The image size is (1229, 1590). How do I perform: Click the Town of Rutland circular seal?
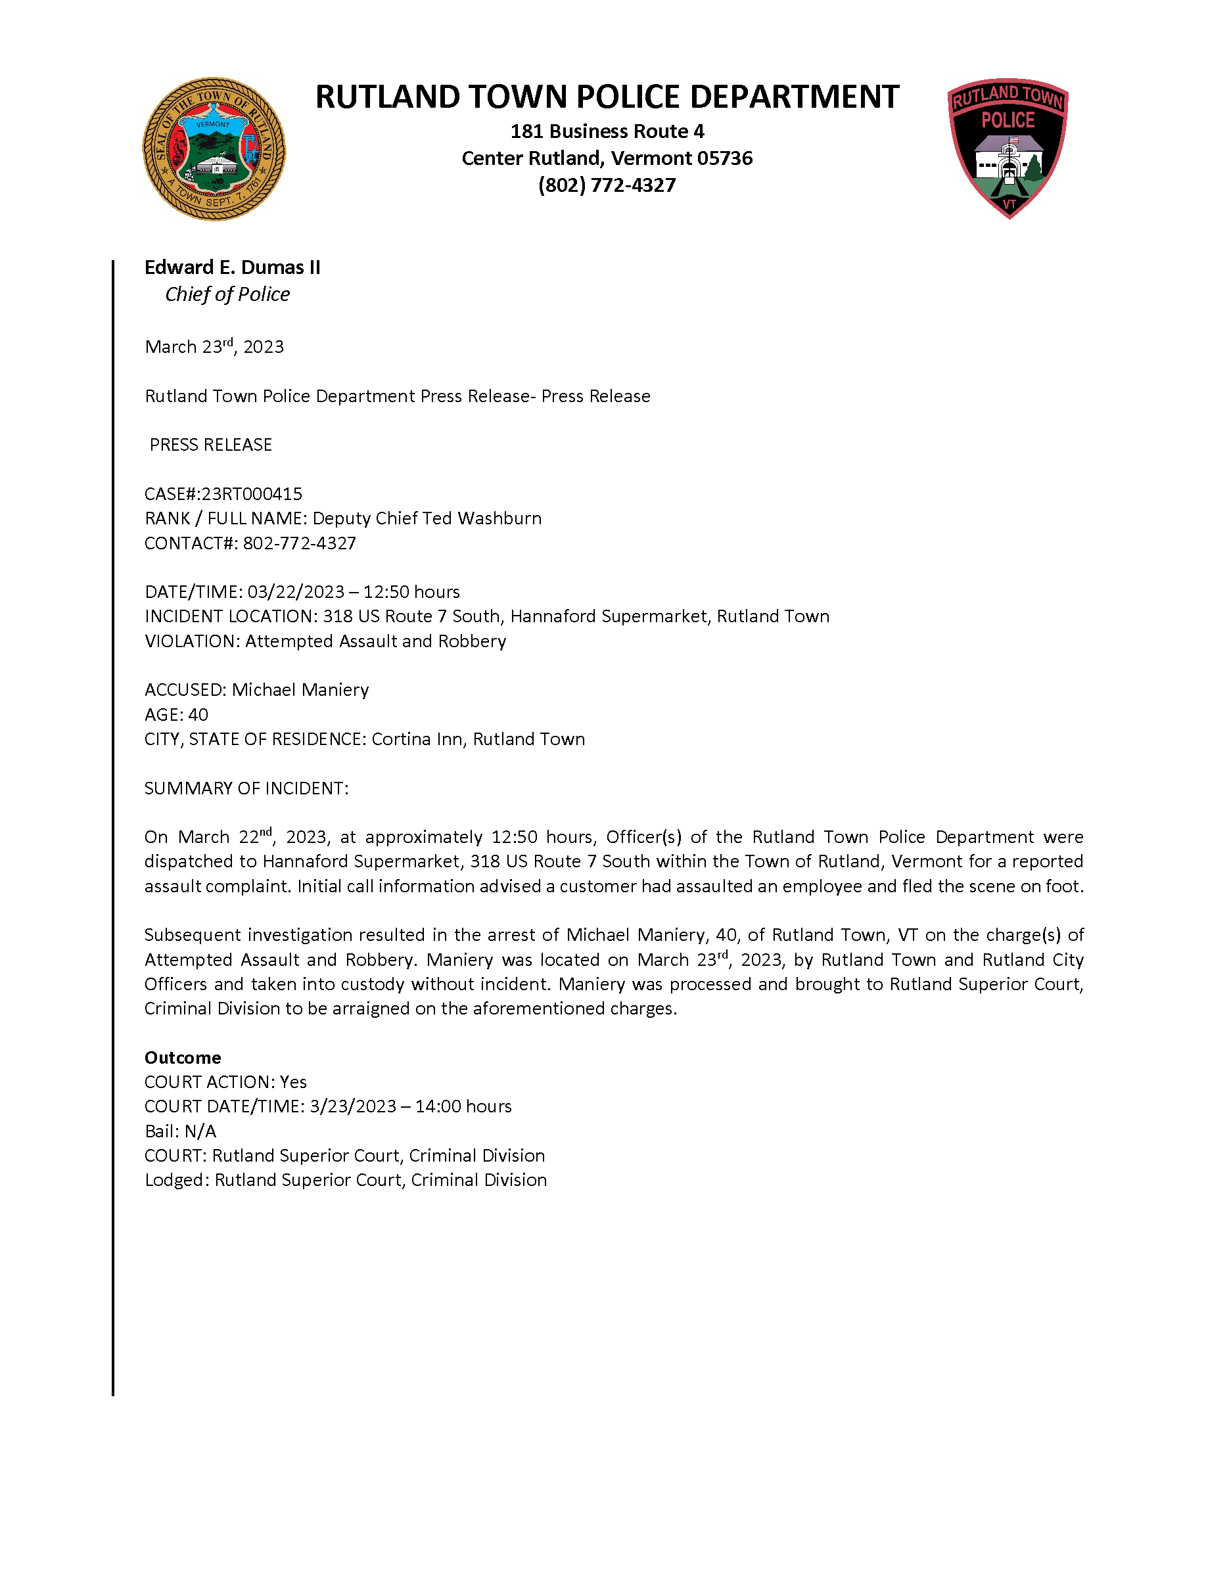(214, 149)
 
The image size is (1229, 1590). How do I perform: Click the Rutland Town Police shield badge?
(1008, 148)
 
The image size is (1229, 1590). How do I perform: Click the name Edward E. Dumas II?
(232, 267)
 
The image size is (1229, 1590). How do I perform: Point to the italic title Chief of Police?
(227, 294)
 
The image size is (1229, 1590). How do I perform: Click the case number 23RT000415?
(251, 493)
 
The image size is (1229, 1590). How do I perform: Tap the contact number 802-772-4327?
(299, 543)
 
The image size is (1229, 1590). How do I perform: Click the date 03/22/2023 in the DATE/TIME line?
(296, 592)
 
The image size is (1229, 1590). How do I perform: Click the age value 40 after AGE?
(198, 714)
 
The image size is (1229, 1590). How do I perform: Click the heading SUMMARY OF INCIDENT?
(246, 788)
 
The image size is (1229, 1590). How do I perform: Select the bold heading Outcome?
(183, 1057)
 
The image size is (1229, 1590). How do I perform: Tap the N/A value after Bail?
(200, 1131)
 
